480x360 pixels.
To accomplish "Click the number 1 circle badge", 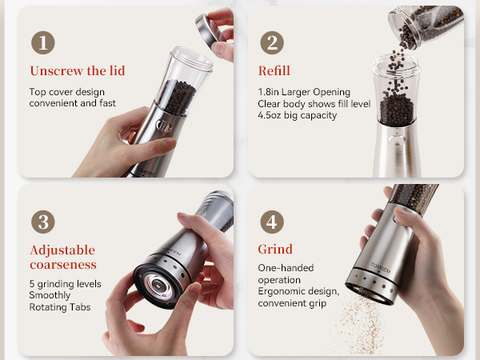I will (42, 43).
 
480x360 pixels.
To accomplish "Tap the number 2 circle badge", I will (271, 43).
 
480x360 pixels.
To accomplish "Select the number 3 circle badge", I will (42, 222).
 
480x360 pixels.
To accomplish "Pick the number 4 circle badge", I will (271, 222).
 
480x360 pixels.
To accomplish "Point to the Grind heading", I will (275, 250).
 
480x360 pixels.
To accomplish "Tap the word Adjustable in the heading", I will (62, 250).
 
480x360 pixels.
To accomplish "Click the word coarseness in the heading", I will (63, 264).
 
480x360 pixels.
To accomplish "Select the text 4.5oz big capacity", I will (298, 115).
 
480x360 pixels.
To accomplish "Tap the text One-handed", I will (286, 268).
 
